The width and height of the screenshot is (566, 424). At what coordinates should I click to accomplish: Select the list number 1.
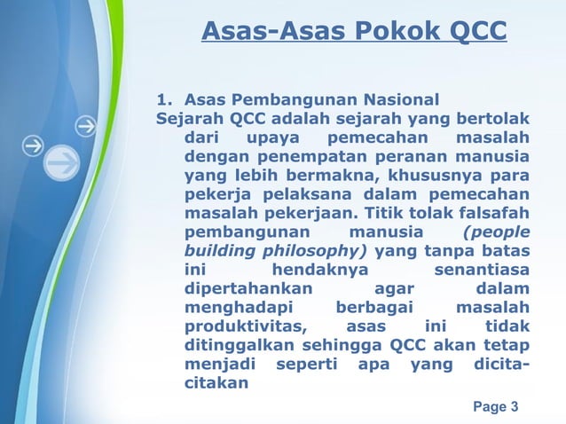click(x=162, y=98)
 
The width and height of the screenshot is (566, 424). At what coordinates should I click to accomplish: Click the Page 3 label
click(x=496, y=407)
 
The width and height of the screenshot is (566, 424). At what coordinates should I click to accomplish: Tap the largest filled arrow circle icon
click(x=61, y=165)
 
